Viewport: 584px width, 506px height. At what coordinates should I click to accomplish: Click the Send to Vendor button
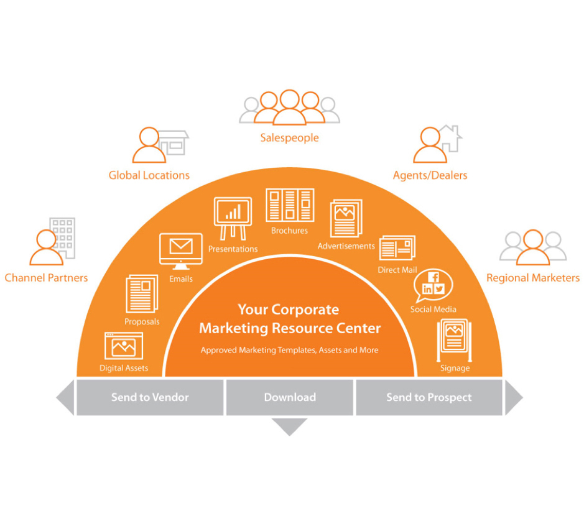pos(149,397)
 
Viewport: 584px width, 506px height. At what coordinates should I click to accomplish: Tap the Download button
pos(289,397)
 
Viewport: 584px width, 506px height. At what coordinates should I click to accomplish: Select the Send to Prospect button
pos(429,397)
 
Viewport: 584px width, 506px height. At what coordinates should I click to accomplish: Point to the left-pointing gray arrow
pos(66,397)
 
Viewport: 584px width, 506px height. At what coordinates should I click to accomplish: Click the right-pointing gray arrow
pos(513,397)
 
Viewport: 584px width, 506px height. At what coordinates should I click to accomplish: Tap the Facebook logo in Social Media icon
pos(434,277)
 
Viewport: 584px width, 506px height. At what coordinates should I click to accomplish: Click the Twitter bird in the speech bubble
pos(440,288)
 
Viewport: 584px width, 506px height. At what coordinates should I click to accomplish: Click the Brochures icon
pos(290,205)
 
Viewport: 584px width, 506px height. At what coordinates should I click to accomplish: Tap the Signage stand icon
pos(455,339)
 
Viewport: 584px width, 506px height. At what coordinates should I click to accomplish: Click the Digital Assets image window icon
pos(124,346)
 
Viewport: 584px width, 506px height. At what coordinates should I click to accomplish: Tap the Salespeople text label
pos(289,138)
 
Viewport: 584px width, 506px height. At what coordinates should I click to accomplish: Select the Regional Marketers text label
pos(532,278)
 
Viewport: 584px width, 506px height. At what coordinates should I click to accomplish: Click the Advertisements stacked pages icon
pos(346,218)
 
